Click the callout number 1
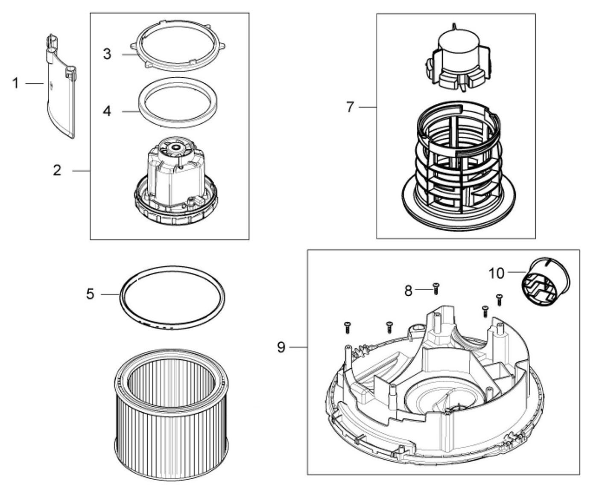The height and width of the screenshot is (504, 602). [x=15, y=84]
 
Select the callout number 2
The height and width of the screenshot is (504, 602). [x=57, y=170]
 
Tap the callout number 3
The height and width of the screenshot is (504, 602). [x=107, y=54]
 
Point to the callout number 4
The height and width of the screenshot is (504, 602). [x=107, y=111]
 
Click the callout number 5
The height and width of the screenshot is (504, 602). [x=90, y=294]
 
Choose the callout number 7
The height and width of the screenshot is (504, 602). [x=350, y=107]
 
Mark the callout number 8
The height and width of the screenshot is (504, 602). [x=408, y=291]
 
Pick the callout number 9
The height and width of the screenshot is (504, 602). [x=281, y=347]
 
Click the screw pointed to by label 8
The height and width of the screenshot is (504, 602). [x=436, y=288]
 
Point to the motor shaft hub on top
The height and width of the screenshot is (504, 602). [x=175, y=147]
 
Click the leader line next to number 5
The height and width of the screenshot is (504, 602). [x=110, y=294]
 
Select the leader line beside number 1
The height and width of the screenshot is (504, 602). [x=35, y=84]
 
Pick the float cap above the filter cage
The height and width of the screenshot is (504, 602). [x=458, y=58]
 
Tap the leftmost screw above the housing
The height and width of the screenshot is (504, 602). [x=348, y=328]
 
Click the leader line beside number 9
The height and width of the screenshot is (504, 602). [x=298, y=347]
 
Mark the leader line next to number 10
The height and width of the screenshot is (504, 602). [x=517, y=271]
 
